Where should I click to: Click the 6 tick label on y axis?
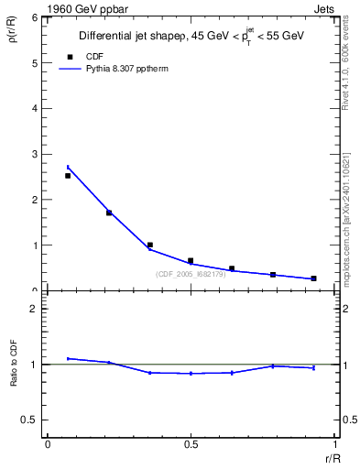pyautogui.click(x=34, y=17)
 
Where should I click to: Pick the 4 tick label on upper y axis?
pyautogui.click(x=34, y=108)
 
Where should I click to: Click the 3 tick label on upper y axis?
pyautogui.click(x=34, y=154)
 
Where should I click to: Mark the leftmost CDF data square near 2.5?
pyautogui.click(x=68, y=175)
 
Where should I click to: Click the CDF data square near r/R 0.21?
pyautogui.click(x=109, y=213)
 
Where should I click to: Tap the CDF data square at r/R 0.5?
pyautogui.click(x=191, y=261)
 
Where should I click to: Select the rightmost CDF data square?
pyautogui.click(x=313, y=278)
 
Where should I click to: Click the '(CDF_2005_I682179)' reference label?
pyautogui.click(x=191, y=274)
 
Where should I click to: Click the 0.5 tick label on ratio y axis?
pyautogui.click(x=29, y=420)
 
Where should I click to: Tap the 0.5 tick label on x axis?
pyautogui.click(x=191, y=444)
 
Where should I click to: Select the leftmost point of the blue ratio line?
pyautogui.click(x=68, y=358)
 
